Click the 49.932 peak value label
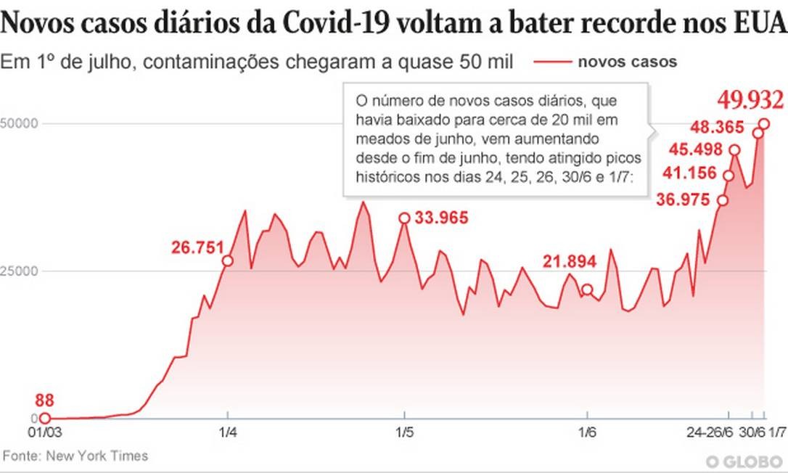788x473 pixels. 750,99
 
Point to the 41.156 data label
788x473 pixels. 690,174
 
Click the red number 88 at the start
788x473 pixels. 44,400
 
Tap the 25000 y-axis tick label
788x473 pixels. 17,271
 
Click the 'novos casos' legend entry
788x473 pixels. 628,62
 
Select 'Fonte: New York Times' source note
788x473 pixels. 75,456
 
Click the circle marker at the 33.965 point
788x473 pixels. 404,218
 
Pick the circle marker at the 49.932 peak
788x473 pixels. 764,123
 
